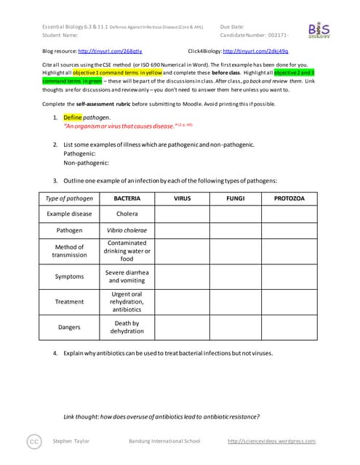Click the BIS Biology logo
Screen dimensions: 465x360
pyautogui.click(x=319, y=31)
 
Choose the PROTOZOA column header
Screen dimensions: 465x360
pyautogui.click(x=289, y=198)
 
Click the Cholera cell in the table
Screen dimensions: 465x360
pyautogui.click(x=127, y=214)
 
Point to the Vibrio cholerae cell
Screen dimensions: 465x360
pyautogui.click(x=127, y=230)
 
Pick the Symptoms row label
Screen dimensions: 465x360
pyautogui.click(x=69, y=277)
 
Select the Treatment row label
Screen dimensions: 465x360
pyautogui.click(x=69, y=302)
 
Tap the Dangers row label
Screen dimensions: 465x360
pyautogui.click(x=69, y=328)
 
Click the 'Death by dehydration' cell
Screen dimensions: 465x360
pyautogui.click(x=127, y=328)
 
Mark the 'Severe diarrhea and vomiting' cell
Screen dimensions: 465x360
pyautogui.click(x=127, y=276)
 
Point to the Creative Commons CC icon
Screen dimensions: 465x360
pyautogui.click(x=33, y=441)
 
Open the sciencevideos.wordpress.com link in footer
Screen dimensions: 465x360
pyautogui.click(x=271, y=441)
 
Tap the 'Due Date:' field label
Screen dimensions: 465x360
pyautogui.click(x=232, y=26)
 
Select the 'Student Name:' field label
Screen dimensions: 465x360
pyautogui.click(x=60, y=34)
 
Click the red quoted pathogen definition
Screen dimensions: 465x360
pyautogui.click(x=119, y=126)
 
